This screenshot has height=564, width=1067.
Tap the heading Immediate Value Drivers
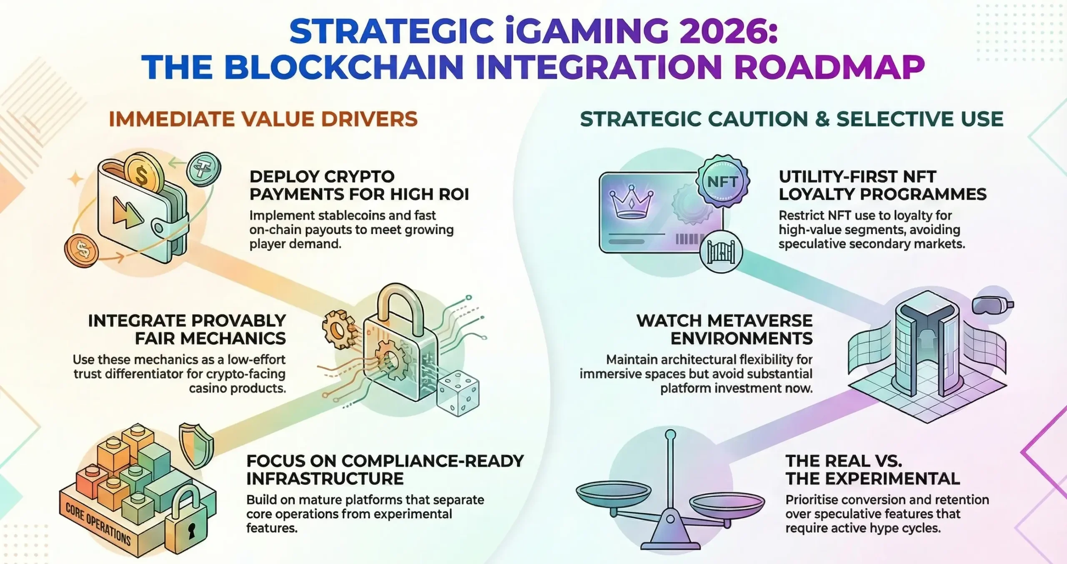(263, 119)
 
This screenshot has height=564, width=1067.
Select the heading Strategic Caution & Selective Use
(791, 119)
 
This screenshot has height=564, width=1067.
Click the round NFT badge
(722, 181)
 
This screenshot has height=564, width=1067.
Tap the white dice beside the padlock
(457, 394)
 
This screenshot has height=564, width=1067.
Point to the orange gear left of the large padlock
(338, 331)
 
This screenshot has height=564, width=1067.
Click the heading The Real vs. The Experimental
(873, 470)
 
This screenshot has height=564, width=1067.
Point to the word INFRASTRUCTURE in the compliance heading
(325, 479)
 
